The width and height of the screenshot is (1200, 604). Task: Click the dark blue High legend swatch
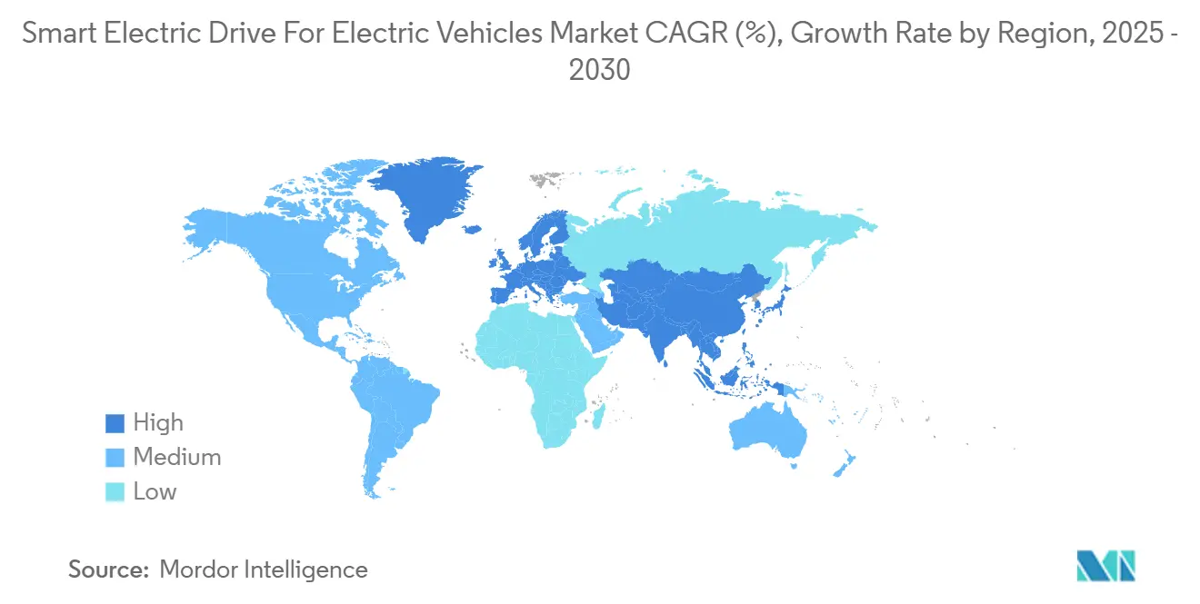[114, 423]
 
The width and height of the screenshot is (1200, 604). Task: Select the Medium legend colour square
[114, 458]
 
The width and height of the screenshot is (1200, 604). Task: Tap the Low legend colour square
[114, 492]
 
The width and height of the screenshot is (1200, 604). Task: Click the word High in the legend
[158, 423]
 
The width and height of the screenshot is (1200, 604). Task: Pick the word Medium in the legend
[176, 458]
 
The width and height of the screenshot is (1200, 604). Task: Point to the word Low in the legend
[155, 492]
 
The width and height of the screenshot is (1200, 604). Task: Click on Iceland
[471, 229]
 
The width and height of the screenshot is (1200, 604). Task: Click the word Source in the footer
[108, 570]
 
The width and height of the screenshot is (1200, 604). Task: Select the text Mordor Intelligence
[264, 570]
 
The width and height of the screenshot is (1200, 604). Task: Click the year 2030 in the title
[599, 70]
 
